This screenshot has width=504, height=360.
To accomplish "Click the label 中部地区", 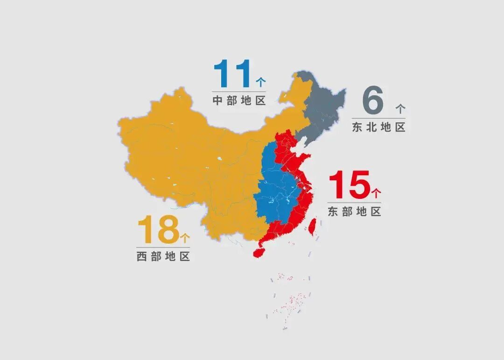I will (x=239, y=100).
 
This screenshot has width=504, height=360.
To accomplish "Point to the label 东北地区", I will (x=378, y=127).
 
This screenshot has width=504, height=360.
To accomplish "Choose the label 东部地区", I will (x=354, y=212).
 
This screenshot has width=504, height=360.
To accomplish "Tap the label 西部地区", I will (x=163, y=256).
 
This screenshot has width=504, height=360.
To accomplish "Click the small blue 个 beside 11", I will (x=261, y=82).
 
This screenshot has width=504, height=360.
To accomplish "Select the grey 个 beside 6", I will (x=400, y=109).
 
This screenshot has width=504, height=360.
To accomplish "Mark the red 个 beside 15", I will (x=376, y=192).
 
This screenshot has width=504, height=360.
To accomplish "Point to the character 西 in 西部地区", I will (x=141, y=256).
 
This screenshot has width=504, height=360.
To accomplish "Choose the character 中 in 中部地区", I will (x=217, y=100).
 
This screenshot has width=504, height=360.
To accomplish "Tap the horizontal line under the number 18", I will (x=163, y=247).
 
